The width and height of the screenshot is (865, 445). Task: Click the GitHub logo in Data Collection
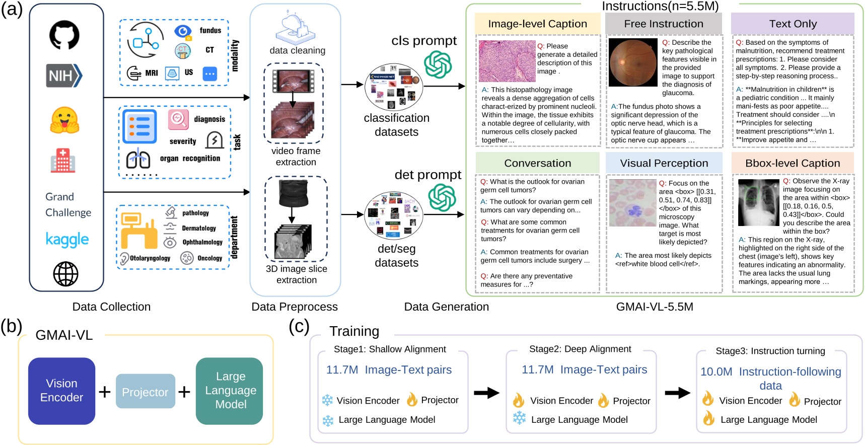pyautogui.click(x=64, y=35)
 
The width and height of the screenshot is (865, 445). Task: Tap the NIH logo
pyautogui.click(x=64, y=76)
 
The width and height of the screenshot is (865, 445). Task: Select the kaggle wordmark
pyautogui.click(x=67, y=240)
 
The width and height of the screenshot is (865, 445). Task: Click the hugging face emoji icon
pyautogui.click(x=64, y=120)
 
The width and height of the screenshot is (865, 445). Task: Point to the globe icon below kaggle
pyautogui.click(x=65, y=274)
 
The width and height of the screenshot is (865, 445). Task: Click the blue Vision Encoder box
pyautogui.click(x=61, y=391)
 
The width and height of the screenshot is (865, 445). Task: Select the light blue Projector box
pyautogui.click(x=145, y=392)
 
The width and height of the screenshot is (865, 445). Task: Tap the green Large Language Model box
pyautogui.click(x=230, y=391)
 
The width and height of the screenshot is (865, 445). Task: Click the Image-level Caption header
pyautogui.click(x=537, y=24)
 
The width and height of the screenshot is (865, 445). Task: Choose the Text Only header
pyautogui.click(x=792, y=24)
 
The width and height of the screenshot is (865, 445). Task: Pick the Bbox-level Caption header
pyautogui.click(x=792, y=163)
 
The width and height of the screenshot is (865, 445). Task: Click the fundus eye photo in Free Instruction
pyautogui.click(x=633, y=62)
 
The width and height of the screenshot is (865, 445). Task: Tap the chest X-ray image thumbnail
pyautogui.click(x=758, y=202)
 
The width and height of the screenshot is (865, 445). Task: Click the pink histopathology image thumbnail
pyautogui.click(x=507, y=61)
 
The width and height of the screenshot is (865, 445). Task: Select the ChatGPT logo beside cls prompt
pyautogui.click(x=438, y=64)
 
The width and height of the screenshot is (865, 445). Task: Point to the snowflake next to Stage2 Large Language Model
pyautogui.click(x=519, y=418)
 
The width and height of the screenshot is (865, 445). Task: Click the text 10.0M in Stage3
pyautogui.click(x=716, y=372)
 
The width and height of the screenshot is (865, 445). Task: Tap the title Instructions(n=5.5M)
pyautogui.click(x=660, y=6)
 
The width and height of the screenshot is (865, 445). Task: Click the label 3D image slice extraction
pyautogui.click(x=296, y=274)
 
